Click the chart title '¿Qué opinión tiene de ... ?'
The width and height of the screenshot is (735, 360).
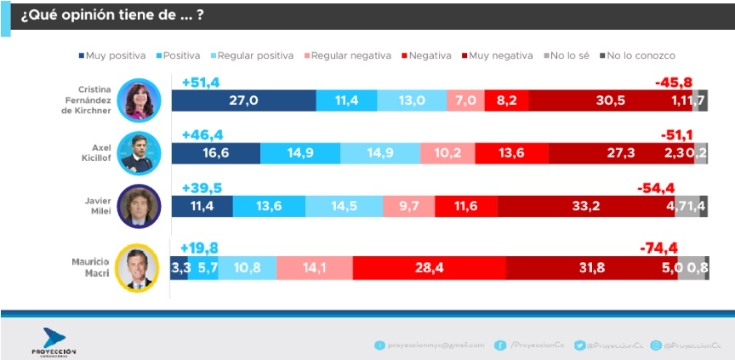tap(111, 16)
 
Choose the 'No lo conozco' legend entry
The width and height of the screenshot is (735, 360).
tap(637, 55)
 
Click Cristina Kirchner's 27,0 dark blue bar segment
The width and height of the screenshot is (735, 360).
tap(243, 100)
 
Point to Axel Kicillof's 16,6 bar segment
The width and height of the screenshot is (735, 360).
tap(216, 153)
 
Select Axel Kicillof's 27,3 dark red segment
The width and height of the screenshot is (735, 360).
tap(621, 153)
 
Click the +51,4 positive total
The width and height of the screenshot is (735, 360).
tap(201, 82)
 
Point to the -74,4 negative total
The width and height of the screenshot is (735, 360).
tap(658, 249)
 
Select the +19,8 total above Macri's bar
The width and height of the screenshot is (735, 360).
tap(199, 249)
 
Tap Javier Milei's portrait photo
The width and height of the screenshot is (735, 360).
tap(138, 206)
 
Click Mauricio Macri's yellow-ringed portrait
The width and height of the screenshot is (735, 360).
tap(138, 267)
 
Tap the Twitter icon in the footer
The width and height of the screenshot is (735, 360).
tap(579, 345)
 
